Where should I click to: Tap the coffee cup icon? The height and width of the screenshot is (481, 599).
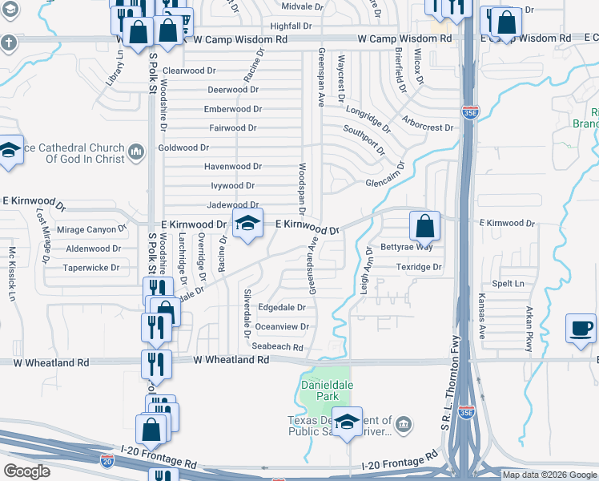(x=581, y=328)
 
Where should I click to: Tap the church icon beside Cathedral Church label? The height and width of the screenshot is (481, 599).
(x=135, y=151)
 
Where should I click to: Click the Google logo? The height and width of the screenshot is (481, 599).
(x=26, y=471)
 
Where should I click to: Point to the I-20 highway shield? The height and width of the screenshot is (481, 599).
(x=107, y=460)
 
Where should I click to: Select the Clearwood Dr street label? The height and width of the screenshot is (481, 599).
(x=190, y=71)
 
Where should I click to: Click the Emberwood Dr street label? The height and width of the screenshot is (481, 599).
(x=232, y=109)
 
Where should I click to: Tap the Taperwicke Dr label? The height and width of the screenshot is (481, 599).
(x=91, y=268)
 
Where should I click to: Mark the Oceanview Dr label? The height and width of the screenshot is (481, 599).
(x=282, y=326)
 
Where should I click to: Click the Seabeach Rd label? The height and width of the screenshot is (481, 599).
(x=277, y=347)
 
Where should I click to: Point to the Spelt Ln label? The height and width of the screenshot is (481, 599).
(x=508, y=284)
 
